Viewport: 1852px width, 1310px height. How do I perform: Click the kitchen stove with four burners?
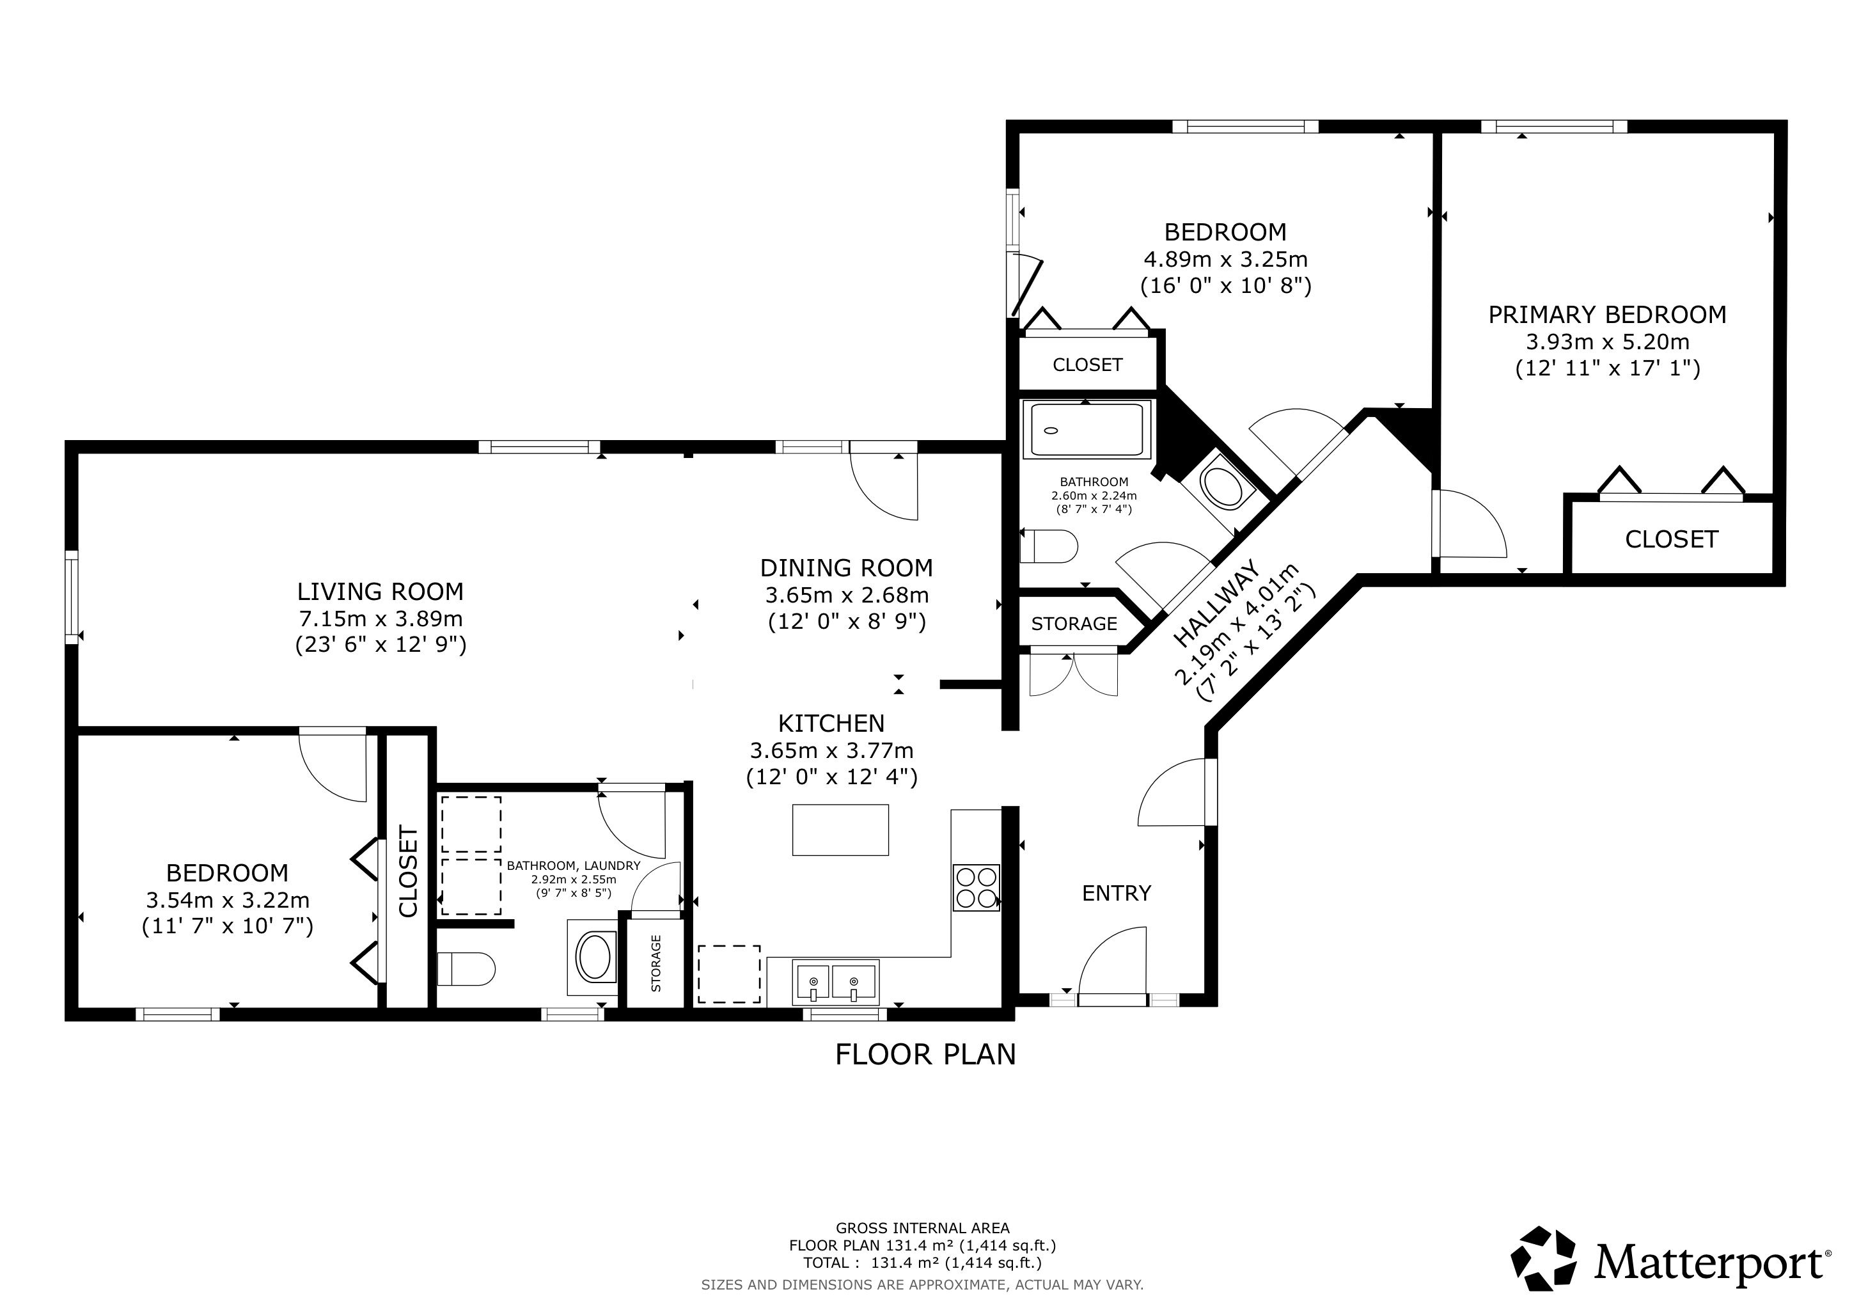click(x=976, y=887)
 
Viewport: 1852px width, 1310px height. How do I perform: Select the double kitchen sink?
click(x=836, y=982)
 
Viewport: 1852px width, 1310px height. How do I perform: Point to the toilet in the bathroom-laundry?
click(x=466, y=969)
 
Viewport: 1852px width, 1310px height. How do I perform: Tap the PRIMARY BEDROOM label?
click(x=1608, y=315)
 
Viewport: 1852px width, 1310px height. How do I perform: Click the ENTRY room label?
click(x=1117, y=893)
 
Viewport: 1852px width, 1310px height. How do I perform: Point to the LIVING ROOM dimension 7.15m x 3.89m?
click(x=381, y=619)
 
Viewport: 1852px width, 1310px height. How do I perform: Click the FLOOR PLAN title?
click(x=925, y=1054)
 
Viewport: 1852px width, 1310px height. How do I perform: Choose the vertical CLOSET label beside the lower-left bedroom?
click(x=408, y=871)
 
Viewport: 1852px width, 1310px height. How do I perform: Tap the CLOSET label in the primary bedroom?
click(x=1671, y=539)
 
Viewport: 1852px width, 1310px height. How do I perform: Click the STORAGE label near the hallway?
click(x=1074, y=624)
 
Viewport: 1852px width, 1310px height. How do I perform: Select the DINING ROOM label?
click(x=846, y=568)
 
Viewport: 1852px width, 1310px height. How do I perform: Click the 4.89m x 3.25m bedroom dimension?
click(x=1225, y=260)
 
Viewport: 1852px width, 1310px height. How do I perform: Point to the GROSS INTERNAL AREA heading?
click(x=922, y=1227)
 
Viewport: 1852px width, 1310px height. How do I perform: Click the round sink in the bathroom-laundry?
click(x=595, y=957)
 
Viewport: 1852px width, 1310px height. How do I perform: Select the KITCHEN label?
click(x=831, y=723)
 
